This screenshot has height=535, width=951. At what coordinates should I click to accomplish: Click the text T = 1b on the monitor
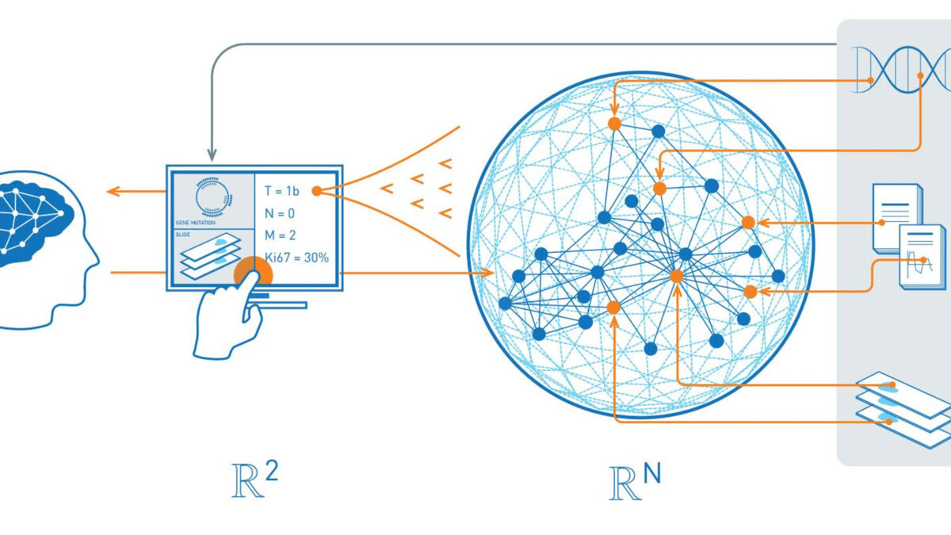pos(281,191)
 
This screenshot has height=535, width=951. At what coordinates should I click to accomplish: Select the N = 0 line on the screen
pos(280,213)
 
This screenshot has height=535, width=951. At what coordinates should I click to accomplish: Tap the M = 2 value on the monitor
pos(281,235)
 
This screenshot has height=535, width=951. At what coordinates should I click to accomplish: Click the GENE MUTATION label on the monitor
pos(193,224)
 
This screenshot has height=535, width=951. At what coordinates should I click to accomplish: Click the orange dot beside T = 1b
pos(316,191)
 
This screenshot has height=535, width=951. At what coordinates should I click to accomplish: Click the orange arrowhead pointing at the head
pos(112,191)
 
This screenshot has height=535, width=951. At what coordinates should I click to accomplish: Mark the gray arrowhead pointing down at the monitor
pos(212,155)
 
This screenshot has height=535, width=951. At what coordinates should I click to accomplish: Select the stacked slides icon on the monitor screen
pos(208,258)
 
